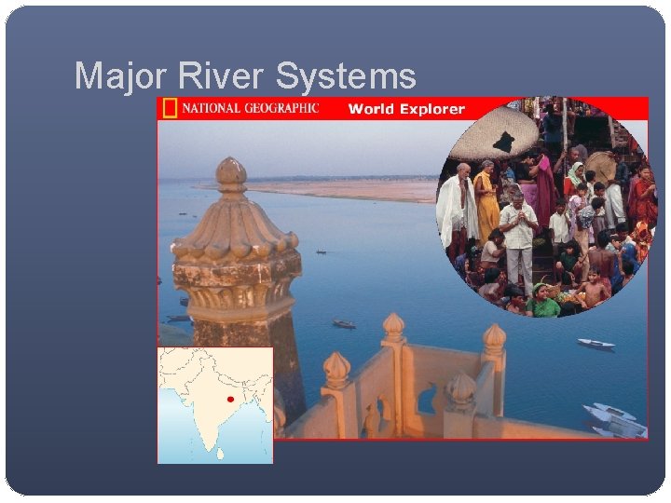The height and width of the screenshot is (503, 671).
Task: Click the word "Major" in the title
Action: click(x=118, y=75)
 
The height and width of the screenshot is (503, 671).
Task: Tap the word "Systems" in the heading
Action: click(x=358, y=75)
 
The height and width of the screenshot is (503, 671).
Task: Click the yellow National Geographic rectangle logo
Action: click(x=169, y=108)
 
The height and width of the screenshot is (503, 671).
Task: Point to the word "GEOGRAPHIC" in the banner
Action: click(x=281, y=108)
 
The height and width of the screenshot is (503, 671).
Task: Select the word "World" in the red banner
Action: click(x=372, y=109)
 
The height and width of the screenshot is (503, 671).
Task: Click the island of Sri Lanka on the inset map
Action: click(x=221, y=454)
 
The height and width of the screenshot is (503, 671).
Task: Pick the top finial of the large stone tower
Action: click(x=230, y=171)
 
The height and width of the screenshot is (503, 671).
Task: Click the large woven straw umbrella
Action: click(x=493, y=130)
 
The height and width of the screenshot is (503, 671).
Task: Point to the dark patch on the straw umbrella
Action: click(x=504, y=142)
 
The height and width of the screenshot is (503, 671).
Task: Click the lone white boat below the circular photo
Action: click(x=595, y=344)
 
